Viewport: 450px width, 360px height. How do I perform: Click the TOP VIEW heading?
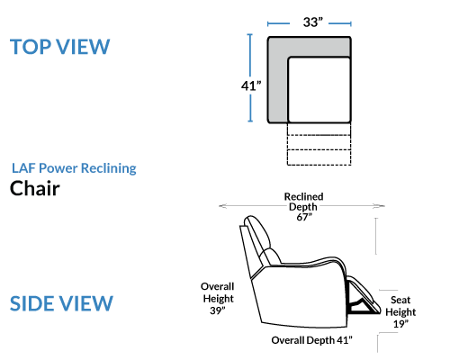point(60,47)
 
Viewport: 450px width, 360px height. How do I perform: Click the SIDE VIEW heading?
point(61,303)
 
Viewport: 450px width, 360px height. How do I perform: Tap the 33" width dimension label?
point(313,22)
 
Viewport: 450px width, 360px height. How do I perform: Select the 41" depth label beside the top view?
point(251,85)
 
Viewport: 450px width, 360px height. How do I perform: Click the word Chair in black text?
point(35,188)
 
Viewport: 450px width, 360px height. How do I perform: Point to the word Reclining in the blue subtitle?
point(109,168)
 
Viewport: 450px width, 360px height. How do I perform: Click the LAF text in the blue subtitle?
point(23,168)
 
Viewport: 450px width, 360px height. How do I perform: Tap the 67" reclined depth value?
point(304,217)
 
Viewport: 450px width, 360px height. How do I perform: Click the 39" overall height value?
point(218,310)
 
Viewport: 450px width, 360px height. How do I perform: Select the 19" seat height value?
point(400,324)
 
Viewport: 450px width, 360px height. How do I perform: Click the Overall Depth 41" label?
point(312,340)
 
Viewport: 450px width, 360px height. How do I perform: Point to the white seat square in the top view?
point(319,90)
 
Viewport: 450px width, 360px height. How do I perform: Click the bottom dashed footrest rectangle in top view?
point(319,157)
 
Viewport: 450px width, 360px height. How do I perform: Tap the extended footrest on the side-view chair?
point(363,295)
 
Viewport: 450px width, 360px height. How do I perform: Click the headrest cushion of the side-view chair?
point(258,232)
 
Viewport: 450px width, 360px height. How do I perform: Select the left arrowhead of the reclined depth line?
point(222,206)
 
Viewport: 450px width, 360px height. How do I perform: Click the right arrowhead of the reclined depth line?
point(381,206)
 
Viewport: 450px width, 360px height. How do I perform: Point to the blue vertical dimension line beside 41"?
point(250,78)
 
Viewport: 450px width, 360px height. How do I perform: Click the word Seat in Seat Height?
point(400,300)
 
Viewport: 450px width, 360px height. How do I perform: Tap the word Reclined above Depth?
point(303,196)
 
